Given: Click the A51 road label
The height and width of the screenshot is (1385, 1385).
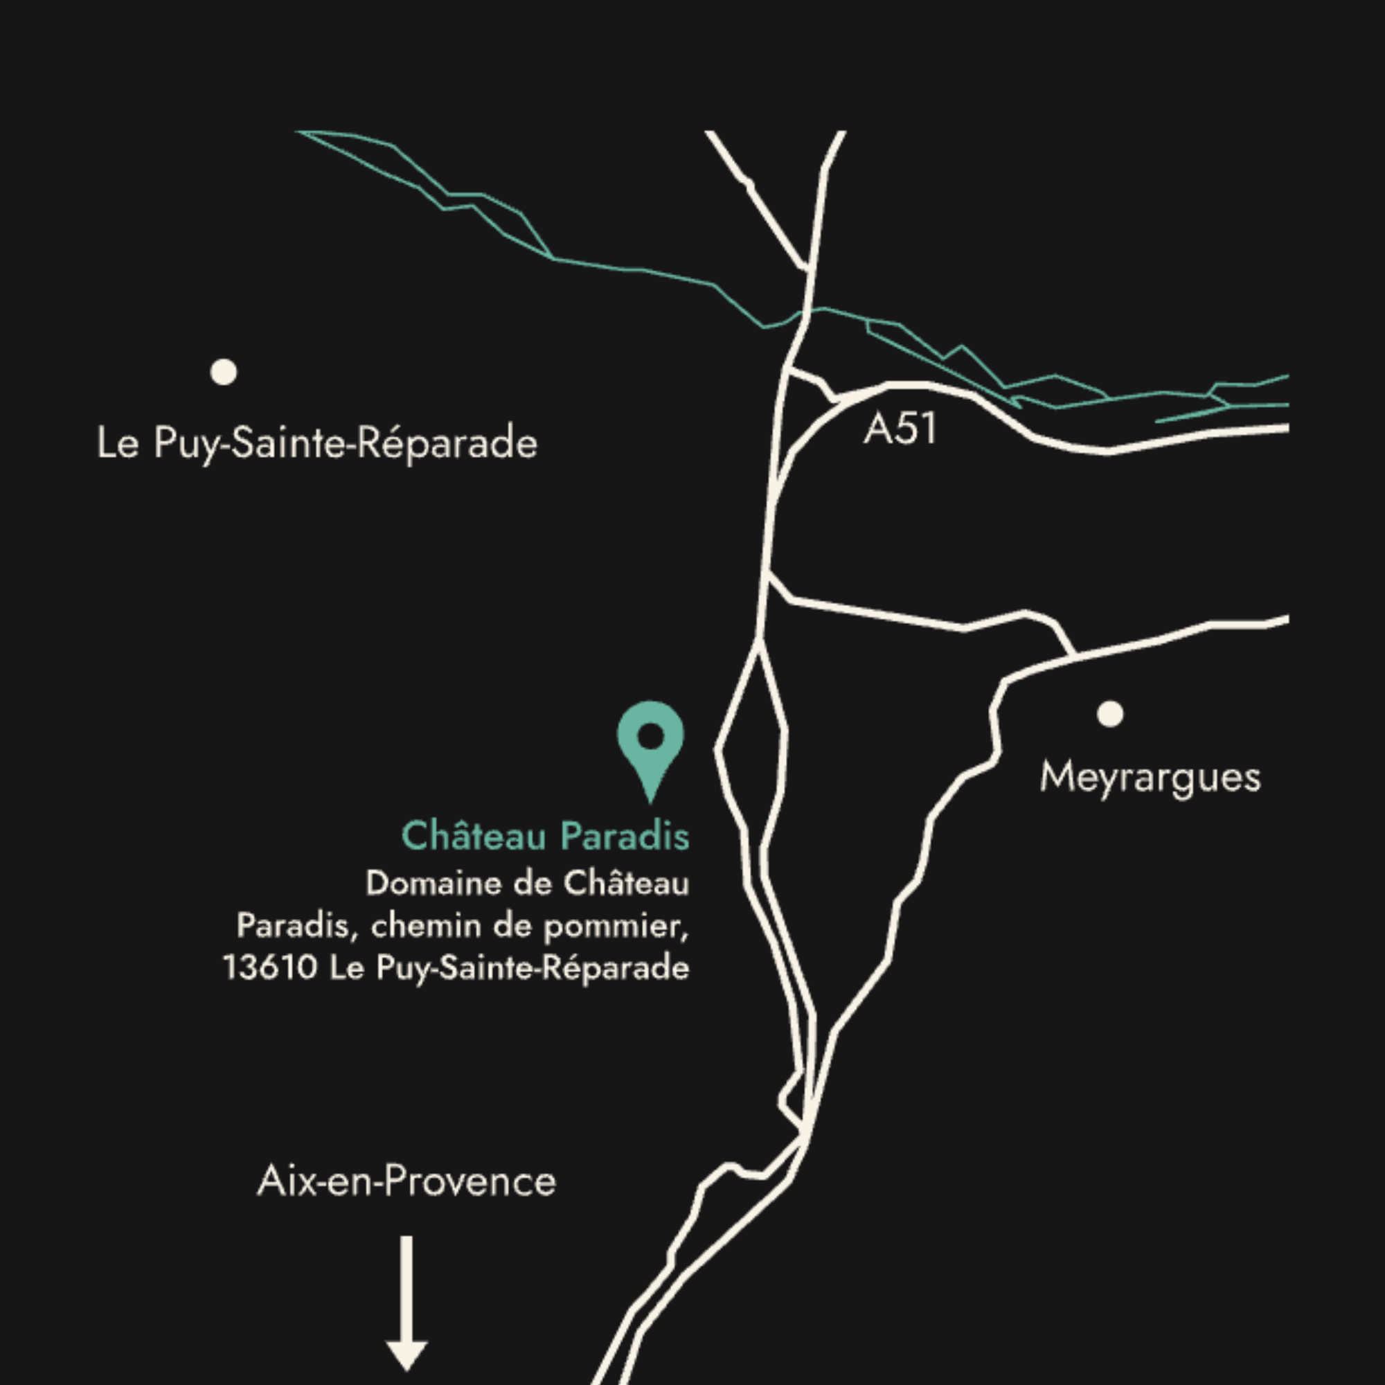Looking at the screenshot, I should pos(900,429).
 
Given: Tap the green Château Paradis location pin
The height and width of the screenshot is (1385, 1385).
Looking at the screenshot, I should pos(650,746).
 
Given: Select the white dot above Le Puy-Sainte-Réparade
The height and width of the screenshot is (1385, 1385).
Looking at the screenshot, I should pos(224,372).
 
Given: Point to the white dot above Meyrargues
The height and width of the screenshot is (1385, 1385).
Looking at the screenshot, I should pos(1109,714).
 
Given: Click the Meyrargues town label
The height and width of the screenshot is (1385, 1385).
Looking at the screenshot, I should pos(1149,778).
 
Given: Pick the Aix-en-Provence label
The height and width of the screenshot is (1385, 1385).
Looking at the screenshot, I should pos(406,1181).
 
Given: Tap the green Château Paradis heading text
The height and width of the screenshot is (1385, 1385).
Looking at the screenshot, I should pos(545,836).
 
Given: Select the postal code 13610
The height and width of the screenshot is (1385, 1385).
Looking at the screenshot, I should pos(269,968).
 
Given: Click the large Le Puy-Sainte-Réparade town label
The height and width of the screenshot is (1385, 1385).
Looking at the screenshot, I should pos(317,443).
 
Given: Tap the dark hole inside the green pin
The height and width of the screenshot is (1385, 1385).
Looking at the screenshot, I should pos(650,735).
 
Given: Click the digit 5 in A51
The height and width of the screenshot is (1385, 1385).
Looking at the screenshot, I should pos(905,429).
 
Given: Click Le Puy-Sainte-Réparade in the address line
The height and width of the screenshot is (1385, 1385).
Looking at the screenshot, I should pos(509,968).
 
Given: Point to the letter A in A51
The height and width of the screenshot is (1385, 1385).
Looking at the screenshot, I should pos(877,429).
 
